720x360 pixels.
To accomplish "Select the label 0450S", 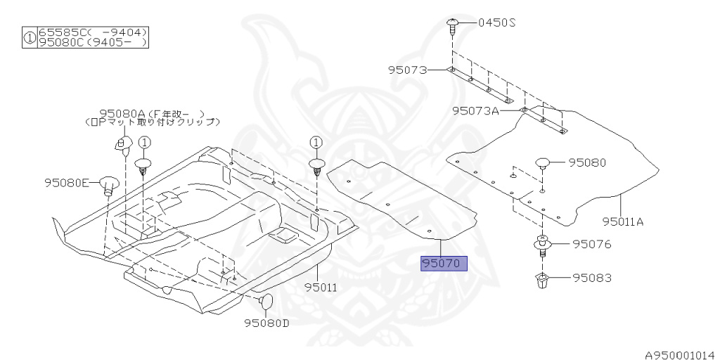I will [497, 22].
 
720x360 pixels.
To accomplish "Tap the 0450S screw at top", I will [452, 27].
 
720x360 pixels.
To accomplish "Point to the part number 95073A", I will [475, 110].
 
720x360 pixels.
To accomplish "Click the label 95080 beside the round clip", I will [587, 162].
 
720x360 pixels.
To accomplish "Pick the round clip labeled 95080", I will [544, 164].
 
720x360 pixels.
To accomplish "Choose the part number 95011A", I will [623, 221].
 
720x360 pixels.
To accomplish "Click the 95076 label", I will [591, 245].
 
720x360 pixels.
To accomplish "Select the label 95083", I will [591, 278].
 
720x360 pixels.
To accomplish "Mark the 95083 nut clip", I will [543, 280].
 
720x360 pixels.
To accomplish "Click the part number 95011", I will [321, 287].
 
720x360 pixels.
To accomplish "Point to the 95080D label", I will [267, 323].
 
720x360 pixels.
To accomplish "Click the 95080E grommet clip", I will [108, 184].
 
